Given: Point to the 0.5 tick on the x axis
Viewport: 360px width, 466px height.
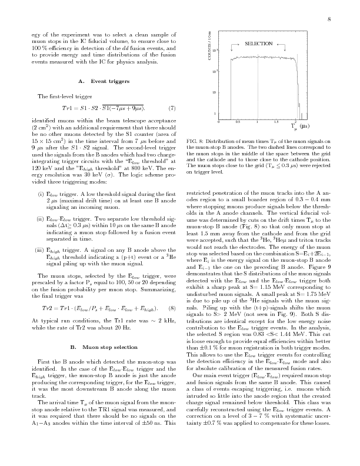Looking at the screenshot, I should click(238, 122).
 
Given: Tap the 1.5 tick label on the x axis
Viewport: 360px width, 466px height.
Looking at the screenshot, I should click(276, 122).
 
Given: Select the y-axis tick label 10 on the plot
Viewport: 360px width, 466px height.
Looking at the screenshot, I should click(214, 92).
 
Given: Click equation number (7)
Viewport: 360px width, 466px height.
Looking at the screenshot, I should click(172, 108).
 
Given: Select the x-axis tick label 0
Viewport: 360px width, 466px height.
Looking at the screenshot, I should click(219, 122).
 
